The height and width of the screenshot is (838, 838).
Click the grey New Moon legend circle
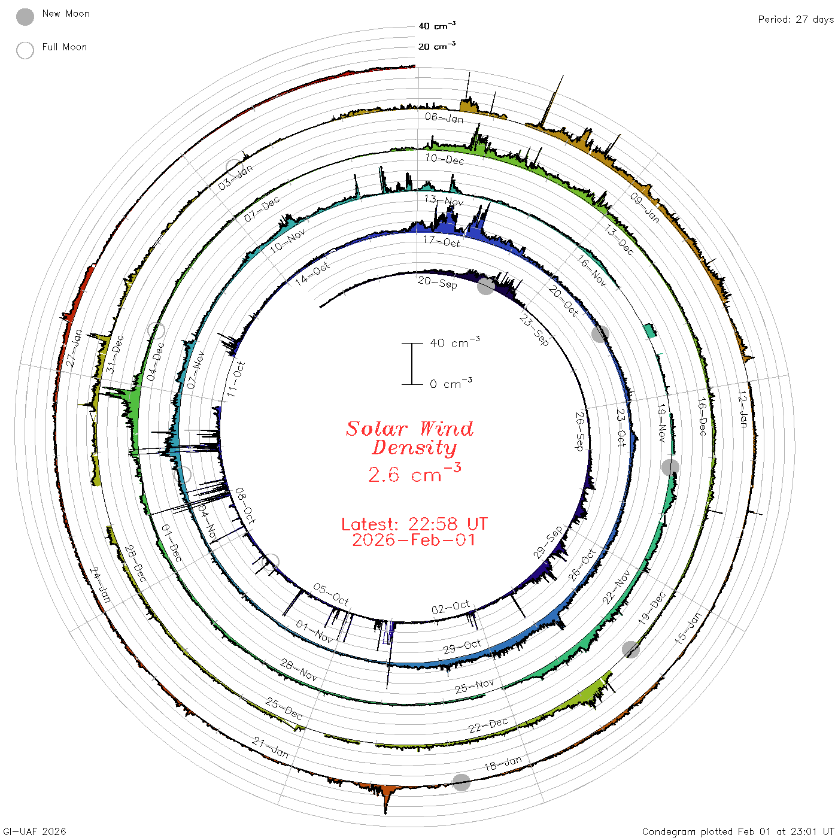tap(25, 17)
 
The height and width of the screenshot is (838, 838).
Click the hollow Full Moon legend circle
tap(25, 50)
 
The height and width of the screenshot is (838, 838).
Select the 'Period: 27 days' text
tap(796, 20)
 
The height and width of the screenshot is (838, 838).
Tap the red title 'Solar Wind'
tap(409, 429)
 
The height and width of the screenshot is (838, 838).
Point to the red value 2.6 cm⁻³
tap(414, 473)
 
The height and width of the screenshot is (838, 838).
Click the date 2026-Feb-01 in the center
tap(414, 540)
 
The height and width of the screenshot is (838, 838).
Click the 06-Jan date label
tap(444, 118)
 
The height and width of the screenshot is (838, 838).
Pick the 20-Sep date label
tap(437, 283)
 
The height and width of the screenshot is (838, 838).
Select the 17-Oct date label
tap(441, 241)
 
